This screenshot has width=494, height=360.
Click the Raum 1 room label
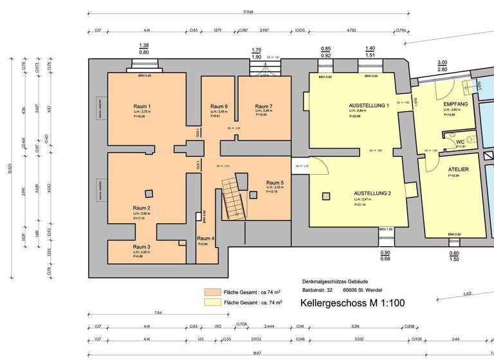coord(142,106)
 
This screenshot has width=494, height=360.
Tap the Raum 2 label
coord(142,208)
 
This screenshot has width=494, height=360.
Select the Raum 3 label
coord(142,247)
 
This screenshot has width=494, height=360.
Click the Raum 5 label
coord(275,183)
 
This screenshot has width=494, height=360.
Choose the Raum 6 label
coord(219,106)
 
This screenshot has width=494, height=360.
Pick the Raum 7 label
coord(264,106)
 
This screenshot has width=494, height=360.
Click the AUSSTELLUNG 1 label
coord(369,105)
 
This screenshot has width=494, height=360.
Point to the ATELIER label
coord(459,169)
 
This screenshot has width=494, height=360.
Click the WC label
coord(460,142)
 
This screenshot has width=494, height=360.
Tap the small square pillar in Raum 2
coord(149,193)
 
